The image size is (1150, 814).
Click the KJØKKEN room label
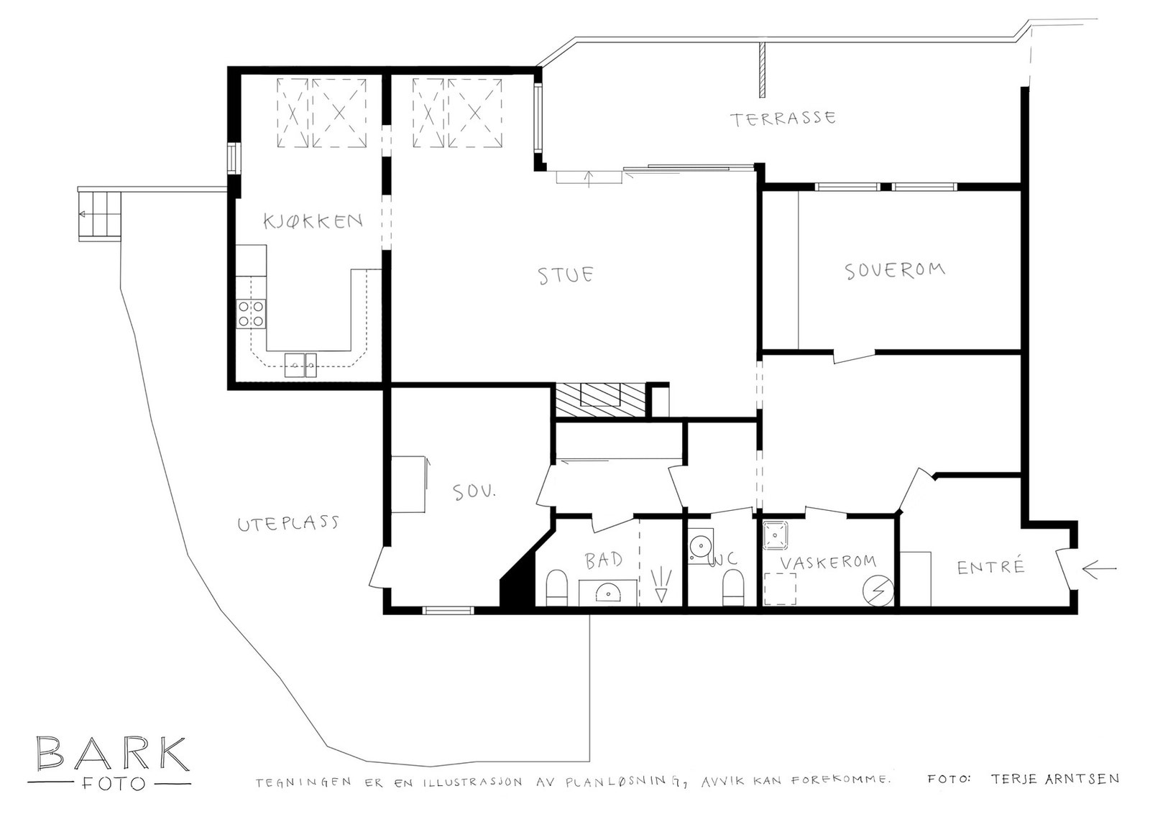[x=312, y=220]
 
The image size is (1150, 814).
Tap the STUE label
[x=566, y=275]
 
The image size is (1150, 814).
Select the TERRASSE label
[x=783, y=119]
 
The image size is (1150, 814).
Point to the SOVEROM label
[x=894, y=271]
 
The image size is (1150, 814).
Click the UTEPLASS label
[x=287, y=523]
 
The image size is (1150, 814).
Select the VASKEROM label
[x=828, y=562]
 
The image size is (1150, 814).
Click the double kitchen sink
[x=300, y=365]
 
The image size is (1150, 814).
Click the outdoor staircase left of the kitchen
[x=99, y=214]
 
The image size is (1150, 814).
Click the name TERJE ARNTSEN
[x=1054, y=779]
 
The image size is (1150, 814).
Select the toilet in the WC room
[x=732, y=587]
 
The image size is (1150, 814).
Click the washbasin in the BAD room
[x=608, y=593]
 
